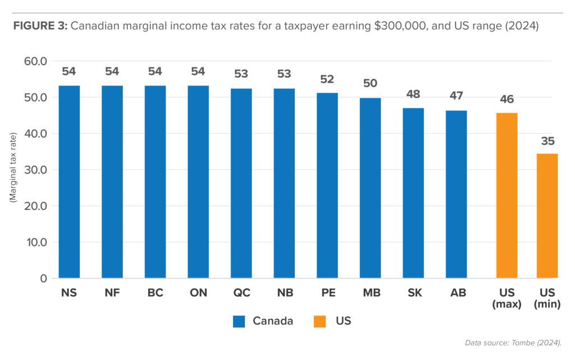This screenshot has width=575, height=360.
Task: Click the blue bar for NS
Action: (69, 182)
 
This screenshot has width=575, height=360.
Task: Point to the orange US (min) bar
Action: (547, 216)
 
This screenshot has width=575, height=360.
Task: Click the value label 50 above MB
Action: (370, 84)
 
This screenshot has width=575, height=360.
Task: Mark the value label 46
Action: (506, 99)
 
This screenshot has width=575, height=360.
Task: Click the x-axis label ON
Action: (198, 293)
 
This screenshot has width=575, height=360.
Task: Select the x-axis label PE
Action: (327, 293)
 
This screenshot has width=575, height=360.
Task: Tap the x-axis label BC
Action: (155, 293)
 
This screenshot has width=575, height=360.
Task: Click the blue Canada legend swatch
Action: (239, 321)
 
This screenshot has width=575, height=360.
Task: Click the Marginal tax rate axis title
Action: (12, 168)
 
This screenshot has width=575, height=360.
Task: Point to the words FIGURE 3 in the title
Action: (39, 26)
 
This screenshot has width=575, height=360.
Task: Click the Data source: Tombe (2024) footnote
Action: (513, 343)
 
